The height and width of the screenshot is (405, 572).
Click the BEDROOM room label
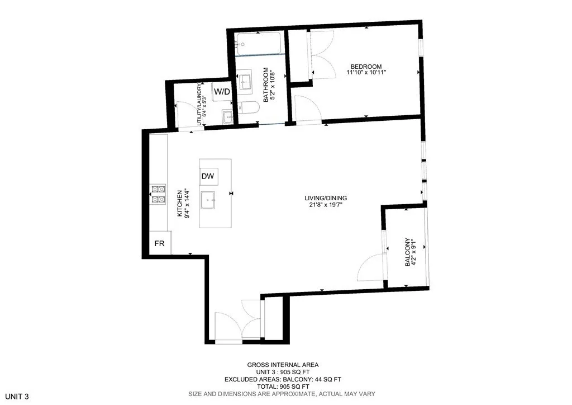tap(366, 66)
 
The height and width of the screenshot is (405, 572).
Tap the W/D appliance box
tap(222, 91)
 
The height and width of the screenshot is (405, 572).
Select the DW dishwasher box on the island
tap(208, 177)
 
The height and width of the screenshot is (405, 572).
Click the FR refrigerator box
tap(159, 244)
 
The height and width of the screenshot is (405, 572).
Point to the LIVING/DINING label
tap(326, 197)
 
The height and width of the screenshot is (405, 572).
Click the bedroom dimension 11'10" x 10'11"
tap(366, 73)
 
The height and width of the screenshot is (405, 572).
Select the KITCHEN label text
tap(180, 203)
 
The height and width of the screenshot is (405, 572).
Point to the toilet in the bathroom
tap(249, 108)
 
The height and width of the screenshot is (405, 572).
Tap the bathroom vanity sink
tap(245, 82)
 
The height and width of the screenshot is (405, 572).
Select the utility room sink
tap(227, 116)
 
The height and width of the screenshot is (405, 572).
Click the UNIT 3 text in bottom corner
tap(15, 397)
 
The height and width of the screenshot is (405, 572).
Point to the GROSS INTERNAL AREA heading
tap(283, 365)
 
